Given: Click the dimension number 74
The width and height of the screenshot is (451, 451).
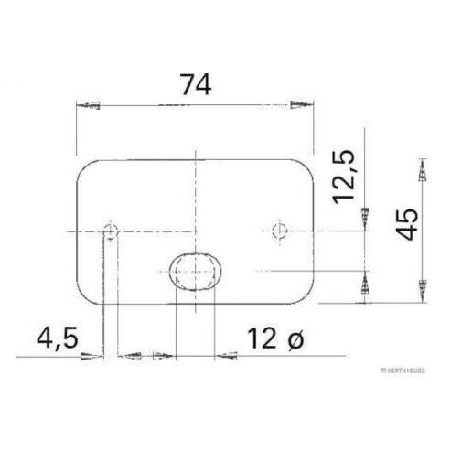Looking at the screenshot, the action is (196, 84).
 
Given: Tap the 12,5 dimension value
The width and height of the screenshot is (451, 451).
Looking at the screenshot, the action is (344, 177).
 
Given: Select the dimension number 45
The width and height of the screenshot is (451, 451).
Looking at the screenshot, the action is (408, 224).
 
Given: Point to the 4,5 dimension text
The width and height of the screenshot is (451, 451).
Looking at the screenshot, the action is (58, 338).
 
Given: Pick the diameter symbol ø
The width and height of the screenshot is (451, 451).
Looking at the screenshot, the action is (295, 340).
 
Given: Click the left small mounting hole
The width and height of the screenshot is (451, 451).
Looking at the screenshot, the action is (111, 231).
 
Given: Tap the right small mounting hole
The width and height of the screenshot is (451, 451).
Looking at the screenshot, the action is (279, 231).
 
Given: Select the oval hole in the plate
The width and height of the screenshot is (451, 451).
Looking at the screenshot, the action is (195, 272).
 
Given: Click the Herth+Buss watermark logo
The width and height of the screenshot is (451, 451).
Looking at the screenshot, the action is (403, 370).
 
